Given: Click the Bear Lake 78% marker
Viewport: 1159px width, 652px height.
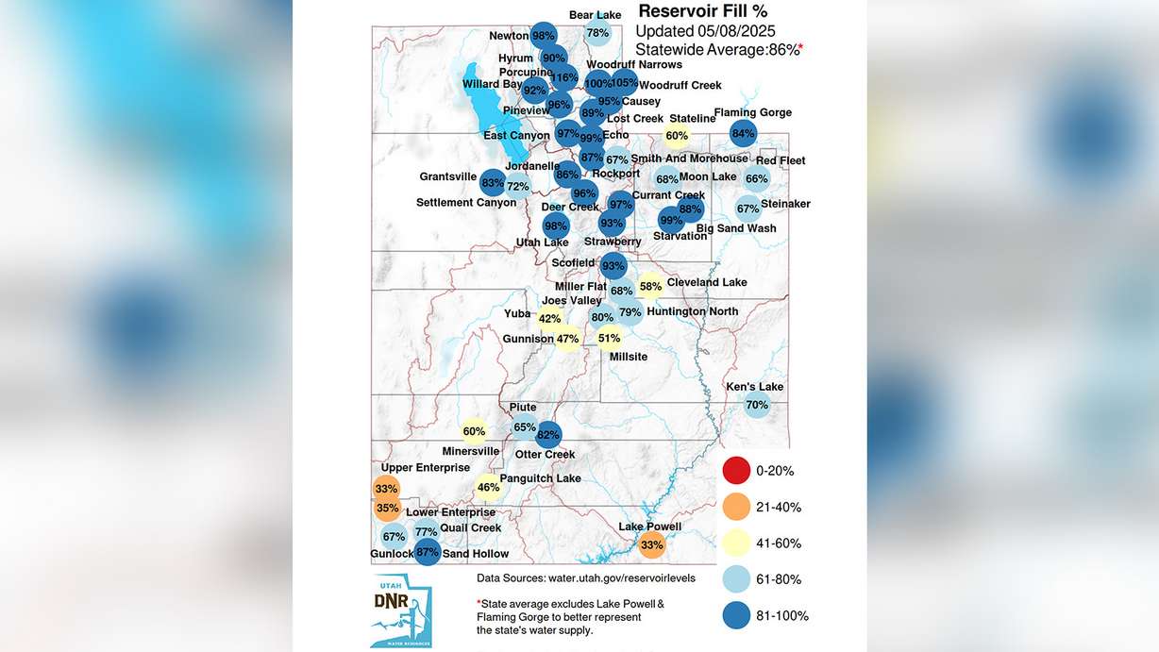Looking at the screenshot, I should point(597,33).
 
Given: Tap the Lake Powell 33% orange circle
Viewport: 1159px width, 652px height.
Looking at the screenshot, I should point(652,544).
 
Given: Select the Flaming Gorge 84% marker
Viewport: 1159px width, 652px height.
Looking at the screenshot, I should point(744,134).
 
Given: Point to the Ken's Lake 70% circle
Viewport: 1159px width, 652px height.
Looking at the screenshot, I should point(757,406).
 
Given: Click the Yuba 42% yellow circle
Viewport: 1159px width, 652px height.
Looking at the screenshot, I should point(549,319).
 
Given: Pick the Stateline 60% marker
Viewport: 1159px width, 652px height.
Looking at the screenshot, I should point(677,136).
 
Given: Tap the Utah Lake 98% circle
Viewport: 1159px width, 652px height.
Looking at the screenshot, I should point(556,226).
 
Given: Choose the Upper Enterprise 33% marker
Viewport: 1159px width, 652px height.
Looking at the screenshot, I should point(386,489).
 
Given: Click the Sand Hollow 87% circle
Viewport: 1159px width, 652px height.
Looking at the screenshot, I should point(428,553).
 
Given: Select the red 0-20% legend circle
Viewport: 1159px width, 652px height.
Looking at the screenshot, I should point(736,470).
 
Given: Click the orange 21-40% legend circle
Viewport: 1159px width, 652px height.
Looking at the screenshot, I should point(736,507).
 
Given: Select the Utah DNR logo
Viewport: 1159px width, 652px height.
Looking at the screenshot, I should point(401,609).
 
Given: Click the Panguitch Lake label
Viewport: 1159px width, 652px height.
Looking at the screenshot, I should point(540,478).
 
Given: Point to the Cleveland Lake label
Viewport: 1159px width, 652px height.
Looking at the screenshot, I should point(707,282).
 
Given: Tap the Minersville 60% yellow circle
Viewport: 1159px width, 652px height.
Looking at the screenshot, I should point(474,432).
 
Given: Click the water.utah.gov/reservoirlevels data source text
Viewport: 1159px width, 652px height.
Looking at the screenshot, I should point(586,577).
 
